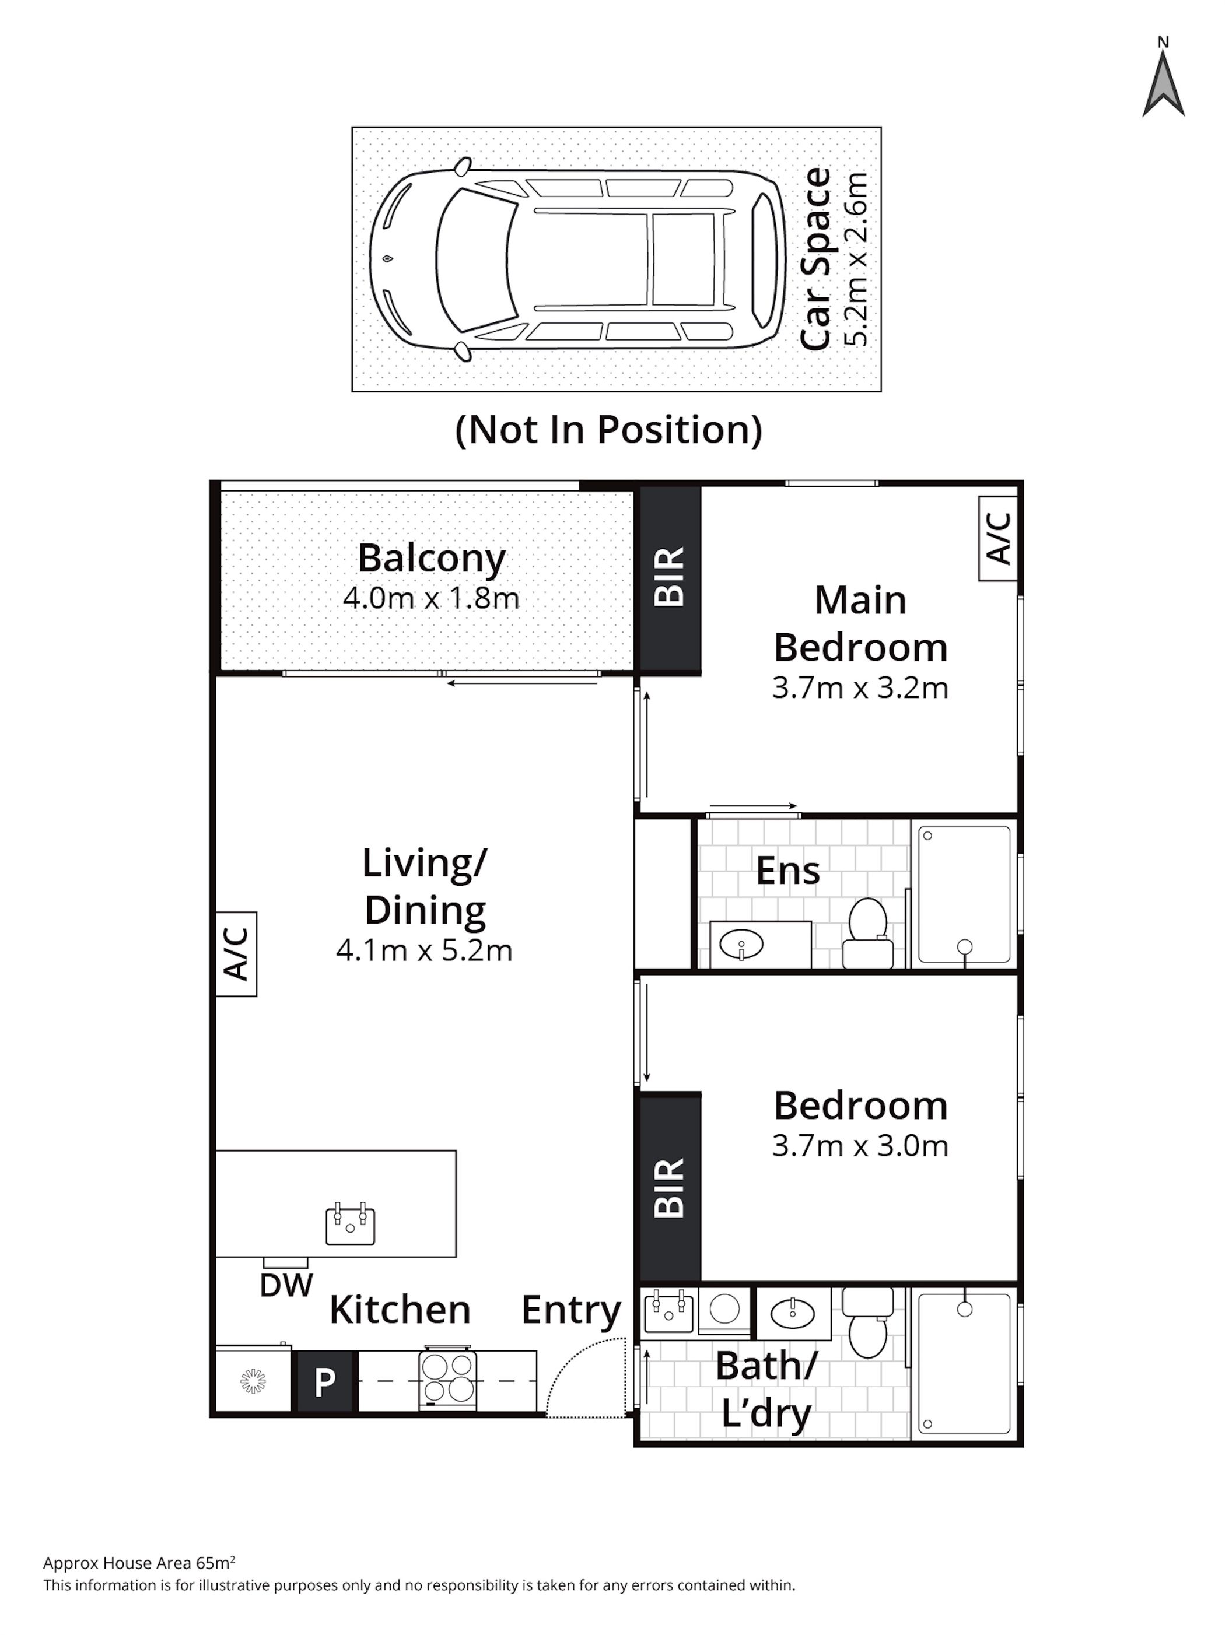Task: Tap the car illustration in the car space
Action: [577, 259]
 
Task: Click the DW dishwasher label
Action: [286, 1286]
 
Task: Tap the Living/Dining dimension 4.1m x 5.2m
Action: [424, 950]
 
